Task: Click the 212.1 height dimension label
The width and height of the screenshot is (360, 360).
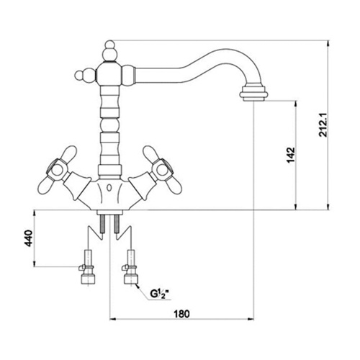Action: coord(324,125)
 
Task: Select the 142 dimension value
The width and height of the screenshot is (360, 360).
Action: coord(291,155)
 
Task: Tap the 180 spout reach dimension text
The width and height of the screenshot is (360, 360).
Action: coord(181,314)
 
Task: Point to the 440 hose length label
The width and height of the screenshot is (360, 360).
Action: coord(29,238)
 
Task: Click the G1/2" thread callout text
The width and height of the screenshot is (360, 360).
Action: coord(158,293)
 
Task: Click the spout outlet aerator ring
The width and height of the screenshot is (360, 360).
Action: coord(253,94)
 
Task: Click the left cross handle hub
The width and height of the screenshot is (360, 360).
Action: coord(57,171)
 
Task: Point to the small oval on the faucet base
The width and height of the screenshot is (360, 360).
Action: coord(109,188)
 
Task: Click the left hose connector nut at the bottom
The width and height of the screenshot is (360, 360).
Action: coord(89,279)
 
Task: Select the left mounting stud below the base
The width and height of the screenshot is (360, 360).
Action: coord(103,224)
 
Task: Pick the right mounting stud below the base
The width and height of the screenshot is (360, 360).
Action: coord(117,224)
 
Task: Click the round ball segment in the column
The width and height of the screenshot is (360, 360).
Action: coord(109,125)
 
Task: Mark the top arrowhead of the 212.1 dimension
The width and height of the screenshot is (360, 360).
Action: coord(328,44)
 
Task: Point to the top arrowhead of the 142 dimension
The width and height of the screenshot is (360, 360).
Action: coord(296,104)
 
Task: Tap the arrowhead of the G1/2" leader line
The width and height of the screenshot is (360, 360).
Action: coord(137,286)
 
